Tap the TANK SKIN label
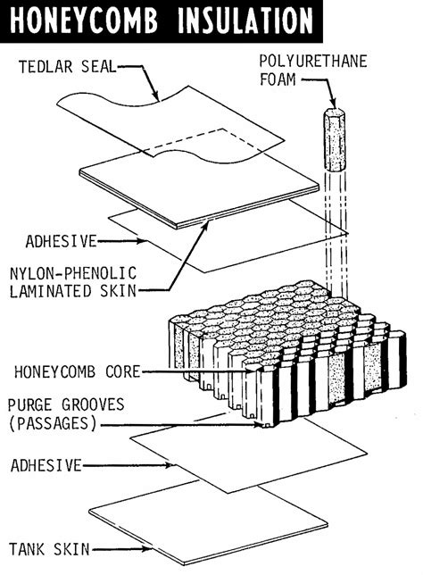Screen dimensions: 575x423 coord(49,546)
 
